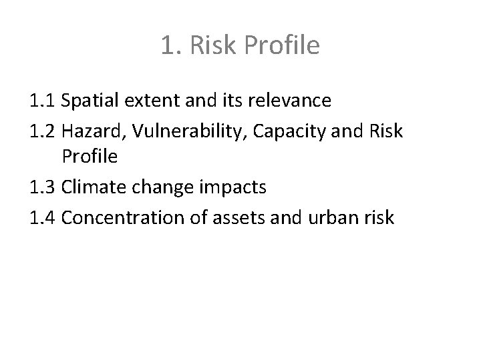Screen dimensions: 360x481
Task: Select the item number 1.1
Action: (42, 101)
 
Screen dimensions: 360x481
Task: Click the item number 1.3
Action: (42, 188)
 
